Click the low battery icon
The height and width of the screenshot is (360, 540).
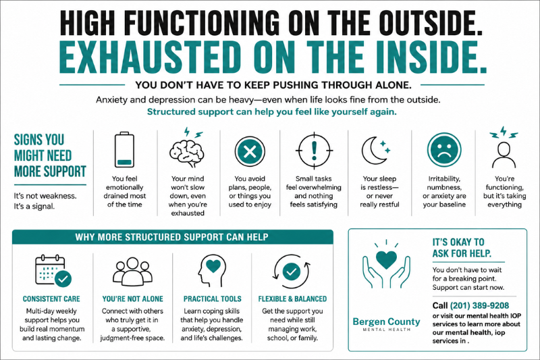click(x=124, y=149)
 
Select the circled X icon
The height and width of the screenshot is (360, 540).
click(x=250, y=151)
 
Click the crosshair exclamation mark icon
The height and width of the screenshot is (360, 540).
click(x=314, y=151)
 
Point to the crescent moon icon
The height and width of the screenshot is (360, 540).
click(x=374, y=151)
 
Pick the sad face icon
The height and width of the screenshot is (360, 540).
click(x=444, y=150)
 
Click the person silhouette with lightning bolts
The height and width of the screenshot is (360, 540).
click(x=504, y=147)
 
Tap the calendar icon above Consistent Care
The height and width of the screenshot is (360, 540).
click(x=53, y=270)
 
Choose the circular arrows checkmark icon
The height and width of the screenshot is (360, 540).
click(x=292, y=272)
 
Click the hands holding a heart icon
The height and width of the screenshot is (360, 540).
click(x=386, y=264)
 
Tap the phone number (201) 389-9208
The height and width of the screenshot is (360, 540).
click(x=479, y=305)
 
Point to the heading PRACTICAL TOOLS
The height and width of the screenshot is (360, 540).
click(x=212, y=299)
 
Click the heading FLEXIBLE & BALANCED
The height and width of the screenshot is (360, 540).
click(x=292, y=299)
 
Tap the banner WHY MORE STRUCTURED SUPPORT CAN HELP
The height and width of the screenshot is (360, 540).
click(x=173, y=237)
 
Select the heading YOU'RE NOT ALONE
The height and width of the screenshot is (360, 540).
click(x=132, y=299)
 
